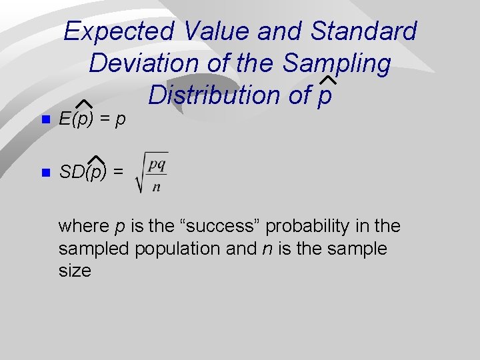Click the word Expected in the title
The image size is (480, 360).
119,31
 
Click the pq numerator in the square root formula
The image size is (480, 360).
158,163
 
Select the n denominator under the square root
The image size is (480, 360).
157,186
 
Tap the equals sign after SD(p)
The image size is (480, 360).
118,172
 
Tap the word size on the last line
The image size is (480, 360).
74,271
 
